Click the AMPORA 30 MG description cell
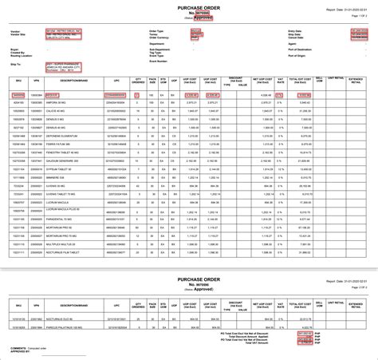pos(64,102)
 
